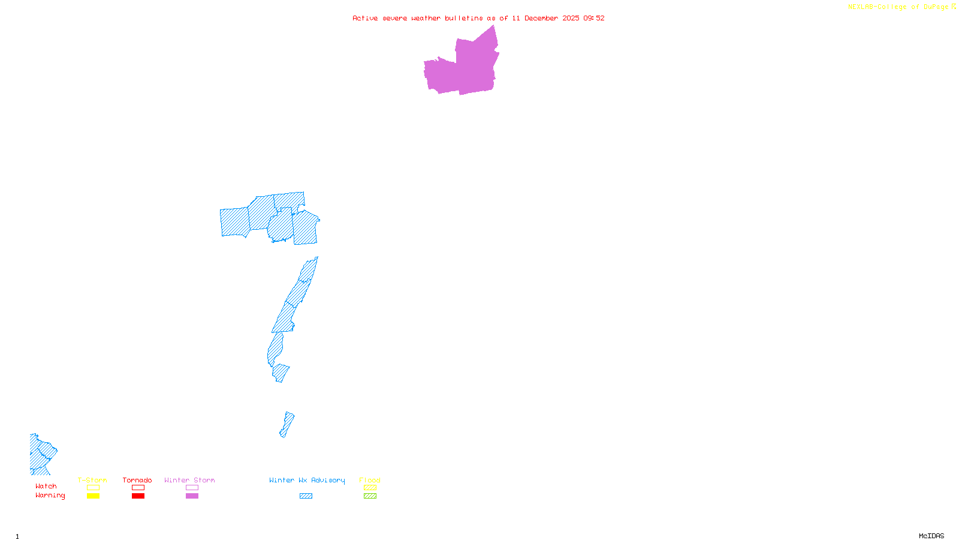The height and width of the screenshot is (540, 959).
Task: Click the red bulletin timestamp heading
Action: (x=478, y=18)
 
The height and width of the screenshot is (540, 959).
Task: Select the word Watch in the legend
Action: (x=46, y=486)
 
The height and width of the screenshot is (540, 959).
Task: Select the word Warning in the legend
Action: (x=50, y=496)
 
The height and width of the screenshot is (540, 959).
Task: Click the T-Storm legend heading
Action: (x=92, y=480)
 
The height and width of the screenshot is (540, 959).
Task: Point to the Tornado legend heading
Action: (x=137, y=480)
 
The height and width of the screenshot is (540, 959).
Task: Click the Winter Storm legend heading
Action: (x=189, y=480)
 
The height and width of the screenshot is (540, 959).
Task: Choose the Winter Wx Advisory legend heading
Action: (x=307, y=480)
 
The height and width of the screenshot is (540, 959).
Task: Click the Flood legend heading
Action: (x=370, y=480)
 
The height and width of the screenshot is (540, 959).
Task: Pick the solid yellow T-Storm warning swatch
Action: (x=93, y=496)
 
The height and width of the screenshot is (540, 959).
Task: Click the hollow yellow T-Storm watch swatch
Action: (x=93, y=488)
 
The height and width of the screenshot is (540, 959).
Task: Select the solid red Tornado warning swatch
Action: (x=138, y=496)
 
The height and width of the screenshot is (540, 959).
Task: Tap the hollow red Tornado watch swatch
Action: (x=138, y=488)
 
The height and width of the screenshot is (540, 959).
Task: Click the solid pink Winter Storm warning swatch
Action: (x=192, y=496)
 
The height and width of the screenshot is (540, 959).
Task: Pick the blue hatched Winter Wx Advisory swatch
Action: (x=306, y=496)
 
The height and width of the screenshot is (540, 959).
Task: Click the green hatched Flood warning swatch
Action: (x=370, y=496)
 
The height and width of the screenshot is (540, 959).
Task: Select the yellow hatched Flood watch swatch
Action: (x=370, y=488)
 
